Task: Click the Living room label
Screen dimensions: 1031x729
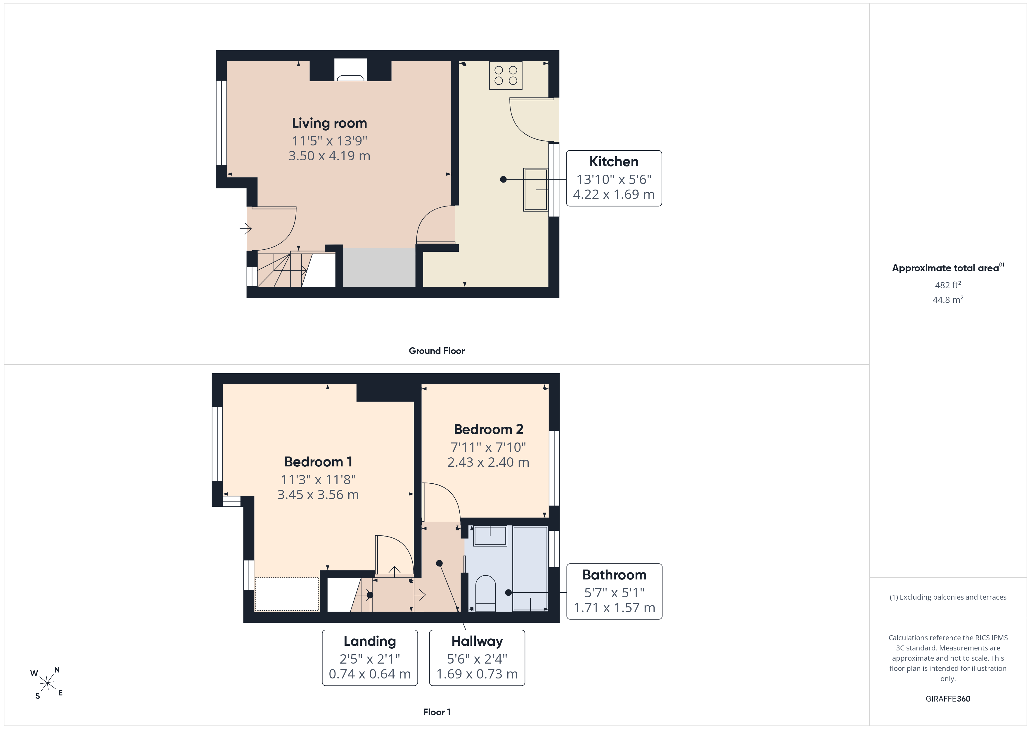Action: [329, 123]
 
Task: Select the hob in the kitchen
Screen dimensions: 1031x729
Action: [506, 75]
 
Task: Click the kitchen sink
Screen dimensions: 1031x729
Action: [536, 190]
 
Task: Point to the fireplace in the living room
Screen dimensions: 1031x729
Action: [350, 70]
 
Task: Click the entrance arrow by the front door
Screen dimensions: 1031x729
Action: [245, 228]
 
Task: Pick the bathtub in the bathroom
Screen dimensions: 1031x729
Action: [530, 568]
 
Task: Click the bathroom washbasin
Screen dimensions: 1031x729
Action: [490, 536]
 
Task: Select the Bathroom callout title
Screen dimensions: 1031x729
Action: [614, 575]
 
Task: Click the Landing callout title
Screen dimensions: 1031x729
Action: [370, 641]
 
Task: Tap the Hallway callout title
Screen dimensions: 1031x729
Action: [477, 641]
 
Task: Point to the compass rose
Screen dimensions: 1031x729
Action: [47, 683]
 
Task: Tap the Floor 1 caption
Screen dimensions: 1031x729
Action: [437, 712]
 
